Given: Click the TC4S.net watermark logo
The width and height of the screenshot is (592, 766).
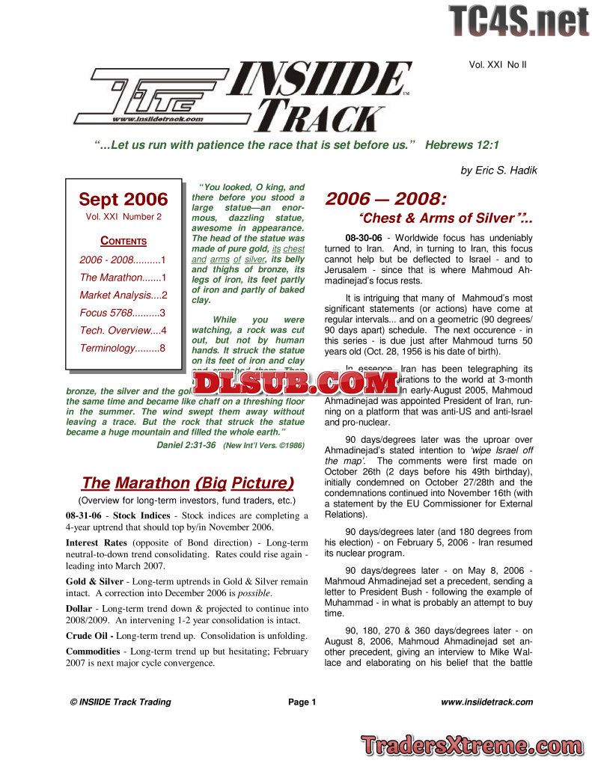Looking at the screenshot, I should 519,20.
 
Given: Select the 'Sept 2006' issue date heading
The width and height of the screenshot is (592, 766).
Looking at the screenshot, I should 123,200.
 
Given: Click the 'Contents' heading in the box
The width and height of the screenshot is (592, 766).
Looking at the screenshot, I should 123,241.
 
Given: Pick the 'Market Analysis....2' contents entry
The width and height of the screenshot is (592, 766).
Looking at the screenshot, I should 123,295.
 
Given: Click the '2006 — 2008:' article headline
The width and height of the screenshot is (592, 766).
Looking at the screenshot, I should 385,199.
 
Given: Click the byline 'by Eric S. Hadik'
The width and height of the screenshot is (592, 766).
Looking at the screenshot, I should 498,170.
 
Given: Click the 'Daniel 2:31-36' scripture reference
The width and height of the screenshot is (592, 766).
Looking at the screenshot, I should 186,444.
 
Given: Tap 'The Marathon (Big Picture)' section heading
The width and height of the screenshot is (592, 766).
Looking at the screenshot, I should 187,482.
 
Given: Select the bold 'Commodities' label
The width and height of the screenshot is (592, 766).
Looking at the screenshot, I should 96,652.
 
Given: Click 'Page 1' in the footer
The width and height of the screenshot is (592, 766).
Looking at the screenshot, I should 302,702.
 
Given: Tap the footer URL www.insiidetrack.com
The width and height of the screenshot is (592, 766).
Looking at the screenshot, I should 486,702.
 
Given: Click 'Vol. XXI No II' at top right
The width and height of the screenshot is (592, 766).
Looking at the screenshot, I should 498,65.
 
